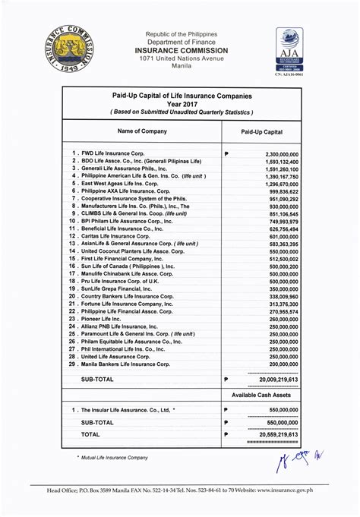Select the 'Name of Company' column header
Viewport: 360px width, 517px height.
point(143,132)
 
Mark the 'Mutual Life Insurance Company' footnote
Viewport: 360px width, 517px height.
point(114,458)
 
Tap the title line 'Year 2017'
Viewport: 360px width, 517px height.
point(181,105)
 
